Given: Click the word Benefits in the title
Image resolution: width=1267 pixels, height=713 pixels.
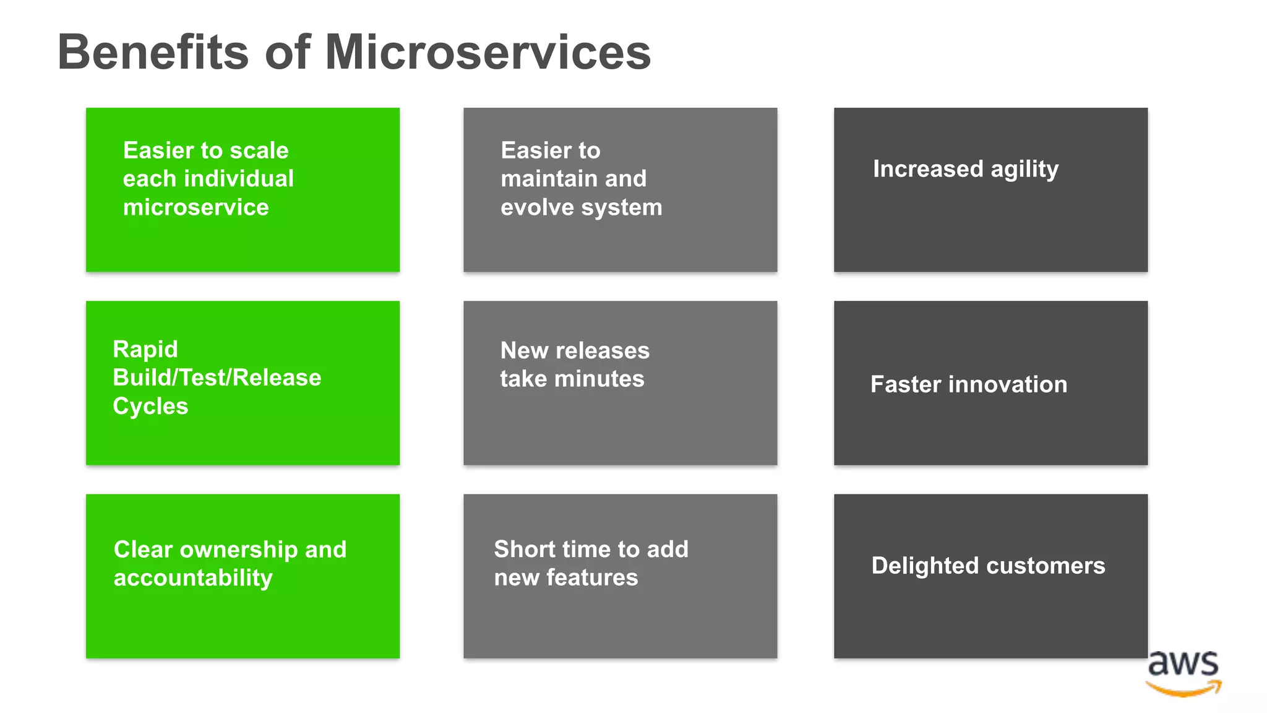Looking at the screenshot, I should [x=153, y=53].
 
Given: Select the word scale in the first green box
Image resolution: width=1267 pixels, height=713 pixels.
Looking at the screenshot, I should [x=259, y=150].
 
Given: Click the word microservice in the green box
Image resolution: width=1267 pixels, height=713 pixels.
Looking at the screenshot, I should [x=195, y=207].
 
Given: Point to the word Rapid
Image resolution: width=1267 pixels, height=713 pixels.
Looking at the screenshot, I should [x=145, y=350].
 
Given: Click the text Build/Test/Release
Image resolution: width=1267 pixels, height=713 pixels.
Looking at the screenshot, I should [x=217, y=378].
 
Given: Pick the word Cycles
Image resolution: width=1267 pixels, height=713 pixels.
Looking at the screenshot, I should [x=150, y=407].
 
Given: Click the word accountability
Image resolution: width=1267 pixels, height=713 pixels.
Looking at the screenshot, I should [x=192, y=578].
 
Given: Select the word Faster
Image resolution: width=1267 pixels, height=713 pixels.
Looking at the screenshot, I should [x=906, y=384].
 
